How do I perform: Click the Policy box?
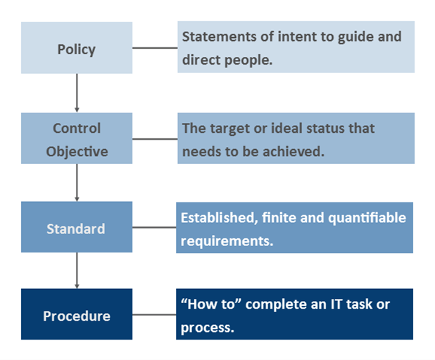[76, 49]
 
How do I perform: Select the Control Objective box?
[76, 139]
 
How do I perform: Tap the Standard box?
[76, 228]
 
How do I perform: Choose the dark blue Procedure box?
[76, 315]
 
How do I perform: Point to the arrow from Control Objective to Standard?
[76, 182]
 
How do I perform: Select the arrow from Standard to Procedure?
[76, 270]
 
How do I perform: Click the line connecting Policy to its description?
[155, 48]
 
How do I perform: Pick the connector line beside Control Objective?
[155, 139]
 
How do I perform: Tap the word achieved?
[296, 150]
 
